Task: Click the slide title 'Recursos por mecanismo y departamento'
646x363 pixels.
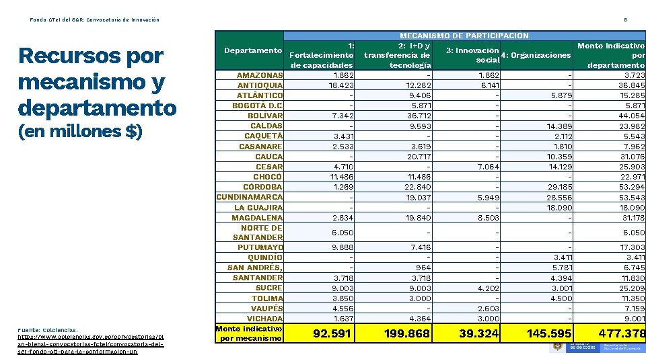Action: pos(98,82)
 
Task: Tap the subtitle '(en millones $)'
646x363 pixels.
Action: pos(81,131)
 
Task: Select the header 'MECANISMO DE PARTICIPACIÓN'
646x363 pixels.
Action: pos(464,36)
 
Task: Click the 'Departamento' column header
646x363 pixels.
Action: pos(252,50)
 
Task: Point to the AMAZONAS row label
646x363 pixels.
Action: pos(260,75)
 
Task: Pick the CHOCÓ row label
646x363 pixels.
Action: pos(268,177)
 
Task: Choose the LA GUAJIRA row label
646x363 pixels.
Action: pos(258,208)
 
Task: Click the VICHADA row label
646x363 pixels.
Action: pos(264,319)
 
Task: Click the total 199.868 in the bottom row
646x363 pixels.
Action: pos(407,333)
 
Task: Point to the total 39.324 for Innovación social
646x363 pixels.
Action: pos(478,333)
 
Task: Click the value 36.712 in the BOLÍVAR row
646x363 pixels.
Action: pos(419,116)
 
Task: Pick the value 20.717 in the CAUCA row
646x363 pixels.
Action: pos(419,157)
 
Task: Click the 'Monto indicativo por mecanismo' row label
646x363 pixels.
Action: pos(249,333)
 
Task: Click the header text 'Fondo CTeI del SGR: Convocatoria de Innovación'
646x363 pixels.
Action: pos(95,19)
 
